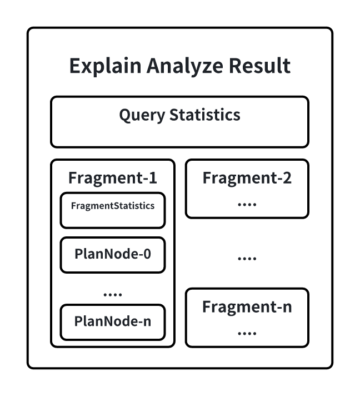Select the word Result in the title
[x=261, y=66]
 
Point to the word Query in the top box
[x=142, y=115]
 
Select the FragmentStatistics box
[x=113, y=210]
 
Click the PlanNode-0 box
[x=113, y=255]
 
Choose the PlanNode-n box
[x=113, y=321]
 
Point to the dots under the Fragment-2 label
[x=247, y=205]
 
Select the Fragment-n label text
[x=247, y=307]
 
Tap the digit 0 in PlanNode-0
[x=147, y=255]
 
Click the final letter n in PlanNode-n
[x=147, y=321]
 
